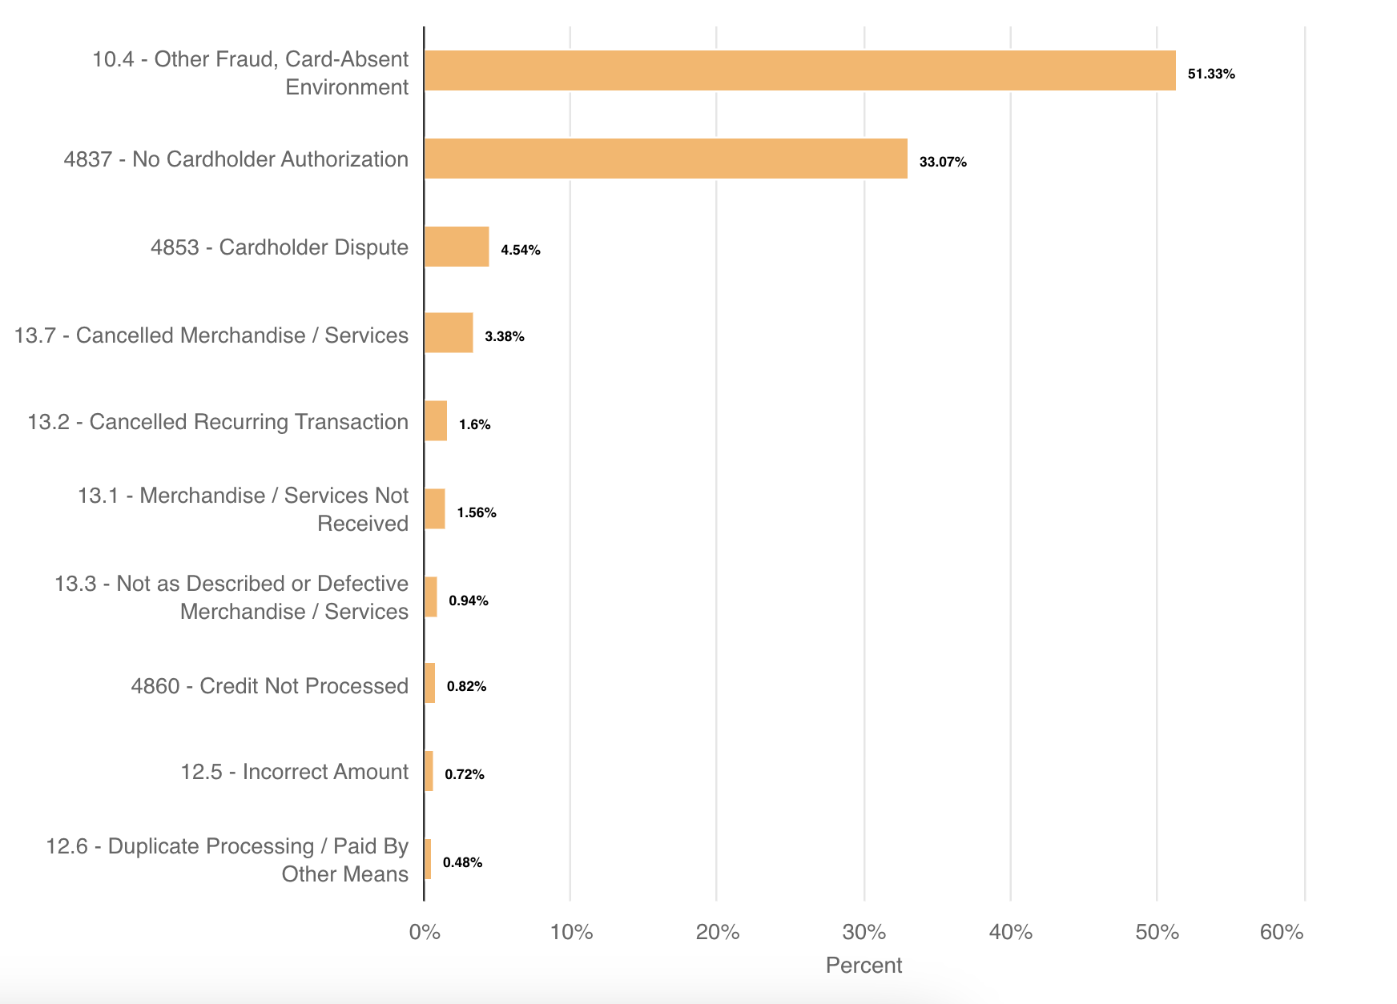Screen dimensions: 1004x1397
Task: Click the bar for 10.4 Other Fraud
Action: coord(799,70)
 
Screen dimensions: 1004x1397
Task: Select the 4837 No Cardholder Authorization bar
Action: coord(666,159)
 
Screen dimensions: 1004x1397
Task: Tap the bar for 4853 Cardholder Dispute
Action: coord(457,247)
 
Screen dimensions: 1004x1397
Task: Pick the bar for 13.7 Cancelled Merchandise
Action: coord(449,333)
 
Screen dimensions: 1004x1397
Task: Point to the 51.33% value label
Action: coord(1210,74)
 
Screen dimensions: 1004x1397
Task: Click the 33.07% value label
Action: coord(942,162)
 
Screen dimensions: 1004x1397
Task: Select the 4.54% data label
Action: coord(520,250)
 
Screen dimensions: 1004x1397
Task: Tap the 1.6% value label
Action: coord(474,424)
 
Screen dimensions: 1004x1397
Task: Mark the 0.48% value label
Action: coord(462,862)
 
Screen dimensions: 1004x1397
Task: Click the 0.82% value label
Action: coord(466,686)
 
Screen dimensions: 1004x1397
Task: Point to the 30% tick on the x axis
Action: coord(864,932)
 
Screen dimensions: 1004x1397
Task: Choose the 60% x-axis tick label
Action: coord(1282,932)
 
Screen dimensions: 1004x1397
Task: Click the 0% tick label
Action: coord(425,932)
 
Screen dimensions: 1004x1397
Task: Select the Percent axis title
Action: coord(864,966)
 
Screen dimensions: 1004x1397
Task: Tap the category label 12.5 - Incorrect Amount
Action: coord(294,772)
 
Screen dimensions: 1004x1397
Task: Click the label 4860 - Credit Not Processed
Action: coord(269,686)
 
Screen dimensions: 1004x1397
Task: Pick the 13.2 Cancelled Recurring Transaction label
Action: coord(218,422)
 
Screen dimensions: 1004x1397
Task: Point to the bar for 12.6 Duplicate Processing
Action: coord(428,859)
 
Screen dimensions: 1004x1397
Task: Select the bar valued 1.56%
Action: coord(435,509)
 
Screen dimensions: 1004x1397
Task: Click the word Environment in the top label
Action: coord(347,87)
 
